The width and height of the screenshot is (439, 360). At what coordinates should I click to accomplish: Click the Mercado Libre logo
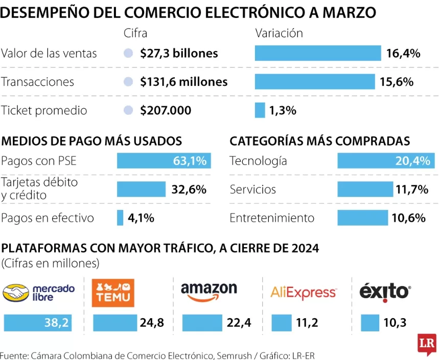point(39,293)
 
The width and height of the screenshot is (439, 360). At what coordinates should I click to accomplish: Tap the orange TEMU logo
point(113,293)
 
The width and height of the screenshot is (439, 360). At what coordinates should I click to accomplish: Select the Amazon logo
point(209,292)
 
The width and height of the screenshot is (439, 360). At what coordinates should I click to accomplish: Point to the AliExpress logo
point(304,293)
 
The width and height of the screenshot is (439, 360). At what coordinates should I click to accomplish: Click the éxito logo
point(385,292)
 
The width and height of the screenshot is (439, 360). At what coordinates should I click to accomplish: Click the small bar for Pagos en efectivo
point(120,218)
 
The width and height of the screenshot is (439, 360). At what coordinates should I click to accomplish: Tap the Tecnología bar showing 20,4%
point(386,161)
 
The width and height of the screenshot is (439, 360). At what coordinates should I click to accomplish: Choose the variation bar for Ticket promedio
point(260,110)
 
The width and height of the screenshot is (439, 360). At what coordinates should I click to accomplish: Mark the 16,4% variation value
point(403,53)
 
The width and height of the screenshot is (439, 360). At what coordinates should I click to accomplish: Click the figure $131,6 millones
point(184,82)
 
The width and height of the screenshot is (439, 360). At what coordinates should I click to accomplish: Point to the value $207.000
point(166,110)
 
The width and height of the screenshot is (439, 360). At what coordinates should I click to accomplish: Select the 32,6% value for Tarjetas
point(189,189)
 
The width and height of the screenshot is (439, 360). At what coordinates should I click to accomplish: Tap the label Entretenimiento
point(272,218)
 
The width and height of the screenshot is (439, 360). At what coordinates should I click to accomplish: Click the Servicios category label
point(252,189)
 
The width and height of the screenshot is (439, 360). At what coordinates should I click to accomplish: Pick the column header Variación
point(279,33)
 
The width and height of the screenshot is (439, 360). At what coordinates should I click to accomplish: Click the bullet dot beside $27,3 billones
point(129,53)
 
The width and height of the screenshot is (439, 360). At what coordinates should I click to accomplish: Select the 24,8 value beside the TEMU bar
point(151,323)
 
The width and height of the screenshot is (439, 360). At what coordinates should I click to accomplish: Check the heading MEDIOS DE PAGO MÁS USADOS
point(92,141)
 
